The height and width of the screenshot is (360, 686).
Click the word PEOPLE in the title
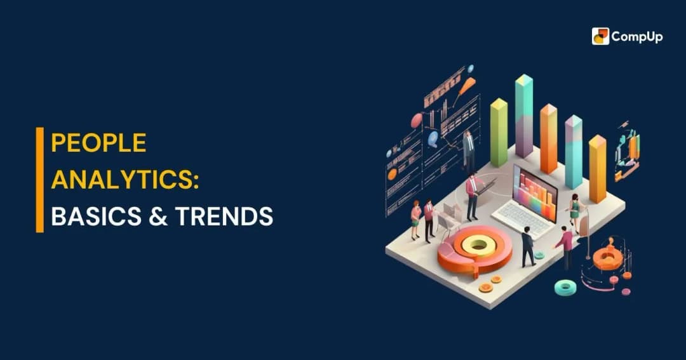[x=98, y=143]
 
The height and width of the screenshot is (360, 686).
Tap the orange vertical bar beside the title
[x=40, y=180]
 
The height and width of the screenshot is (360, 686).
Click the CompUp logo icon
[x=600, y=36]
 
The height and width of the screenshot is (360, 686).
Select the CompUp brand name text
[x=636, y=37]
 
